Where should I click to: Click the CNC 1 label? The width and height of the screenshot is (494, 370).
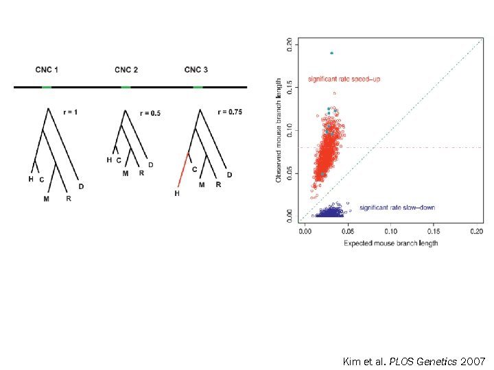point(47,70)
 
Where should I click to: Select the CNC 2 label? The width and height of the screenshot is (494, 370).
point(126,70)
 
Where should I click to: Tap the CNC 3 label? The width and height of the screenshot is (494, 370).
point(196,70)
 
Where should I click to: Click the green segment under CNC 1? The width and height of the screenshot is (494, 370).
point(47,87)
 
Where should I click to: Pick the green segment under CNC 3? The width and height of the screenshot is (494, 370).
point(198,87)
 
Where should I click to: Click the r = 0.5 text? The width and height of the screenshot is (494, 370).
point(150,113)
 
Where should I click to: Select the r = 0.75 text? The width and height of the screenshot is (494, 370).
point(230,112)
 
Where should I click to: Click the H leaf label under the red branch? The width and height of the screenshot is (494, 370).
point(176,194)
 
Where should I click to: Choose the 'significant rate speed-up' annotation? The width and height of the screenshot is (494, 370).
point(344,79)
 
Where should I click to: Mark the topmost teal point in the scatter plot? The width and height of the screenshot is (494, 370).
point(331,53)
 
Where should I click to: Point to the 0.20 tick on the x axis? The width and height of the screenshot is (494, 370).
point(476,231)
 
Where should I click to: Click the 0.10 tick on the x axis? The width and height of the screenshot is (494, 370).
point(391,231)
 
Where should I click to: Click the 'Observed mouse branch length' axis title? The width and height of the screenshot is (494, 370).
point(279,129)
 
